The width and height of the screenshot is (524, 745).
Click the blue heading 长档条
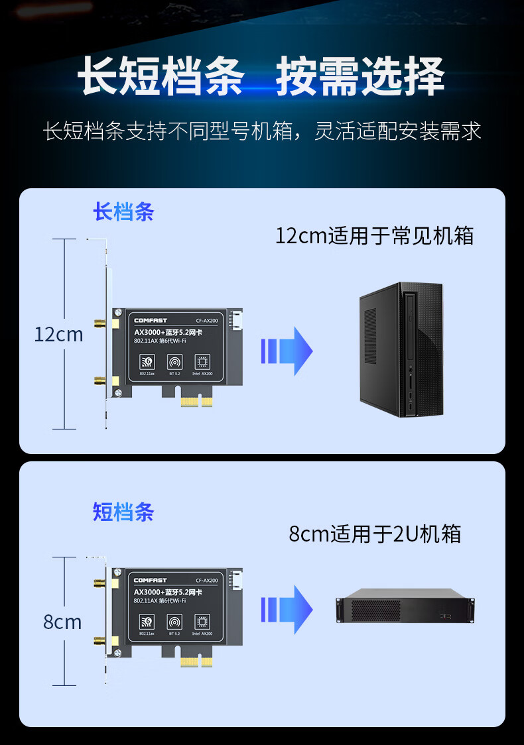(x=123, y=212)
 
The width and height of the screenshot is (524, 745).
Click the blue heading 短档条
(x=123, y=512)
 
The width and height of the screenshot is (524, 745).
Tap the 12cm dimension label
(x=58, y=335)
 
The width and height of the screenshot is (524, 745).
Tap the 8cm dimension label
(x=62, y=622)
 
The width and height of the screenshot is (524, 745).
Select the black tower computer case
(x=401, y=349)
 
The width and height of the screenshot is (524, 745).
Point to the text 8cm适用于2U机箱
(x=375, y=534)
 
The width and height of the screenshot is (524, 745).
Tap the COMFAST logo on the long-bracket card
(x=151, y=321)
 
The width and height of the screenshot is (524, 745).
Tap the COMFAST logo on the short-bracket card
(x=151, y=581)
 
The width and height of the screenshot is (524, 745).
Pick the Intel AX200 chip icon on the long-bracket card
(x=202, y=363)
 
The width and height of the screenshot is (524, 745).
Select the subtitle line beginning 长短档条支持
(x=262, y=131)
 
